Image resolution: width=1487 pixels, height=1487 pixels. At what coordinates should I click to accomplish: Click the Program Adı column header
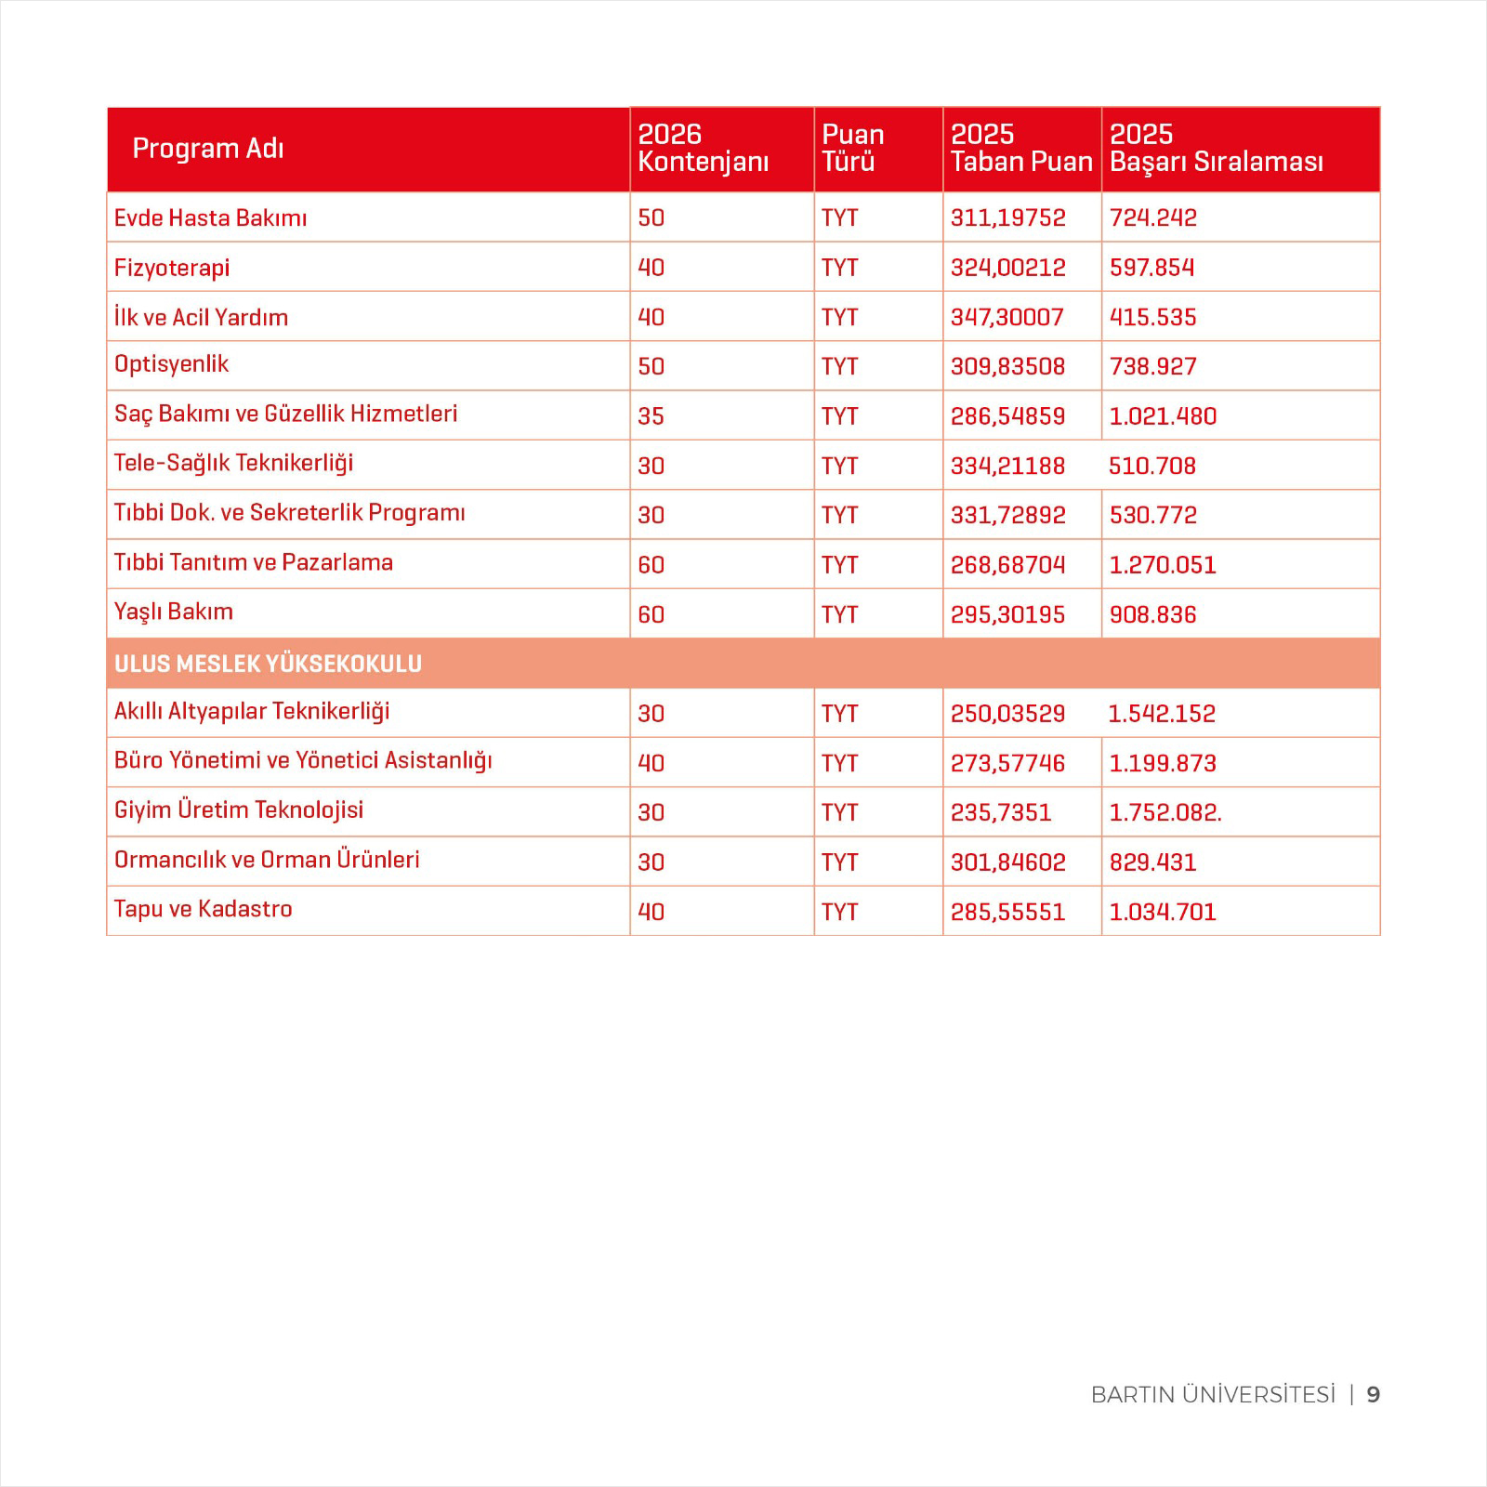pyautogui.click(x=208, y=149)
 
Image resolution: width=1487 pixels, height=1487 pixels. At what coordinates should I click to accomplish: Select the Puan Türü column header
pyautogui.click(x=852, y=149)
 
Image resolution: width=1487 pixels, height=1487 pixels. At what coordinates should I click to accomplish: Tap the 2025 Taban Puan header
pyautogui.click(x=1020, y=149)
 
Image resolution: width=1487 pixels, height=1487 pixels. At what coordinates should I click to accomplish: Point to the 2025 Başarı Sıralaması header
pyautogui.click(x=1216, y=149)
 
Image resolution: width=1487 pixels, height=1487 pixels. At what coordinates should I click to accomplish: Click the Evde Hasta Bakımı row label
pyautogui.click(x=210, y=218)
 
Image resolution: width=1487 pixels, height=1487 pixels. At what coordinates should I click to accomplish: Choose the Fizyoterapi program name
pyautogui.click(x=172, y=268)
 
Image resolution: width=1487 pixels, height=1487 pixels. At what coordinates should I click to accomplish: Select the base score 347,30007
pyautogui.click(x=1007, y=318)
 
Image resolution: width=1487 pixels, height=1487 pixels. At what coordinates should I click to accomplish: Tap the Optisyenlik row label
pyautogui.click(x=171, y=364)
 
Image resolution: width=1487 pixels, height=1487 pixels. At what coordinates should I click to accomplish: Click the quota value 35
pyautogui.click(x=651, y=416)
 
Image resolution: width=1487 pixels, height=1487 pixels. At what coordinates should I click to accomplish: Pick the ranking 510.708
pyautogui.click(x=1152, y=466)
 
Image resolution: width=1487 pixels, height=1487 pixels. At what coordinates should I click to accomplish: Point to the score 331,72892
pyautogui.click(x=1007, y=516)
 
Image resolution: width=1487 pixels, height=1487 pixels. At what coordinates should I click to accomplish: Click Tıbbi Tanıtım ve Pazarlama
pyautogui.click(x=253, y=563)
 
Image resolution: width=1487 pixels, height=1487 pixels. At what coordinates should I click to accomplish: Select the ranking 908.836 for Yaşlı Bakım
pyautogui.click(x=1152, y=614)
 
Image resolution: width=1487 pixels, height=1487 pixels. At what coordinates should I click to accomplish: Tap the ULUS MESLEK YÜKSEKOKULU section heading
pyautogui.click(x=268, y=664)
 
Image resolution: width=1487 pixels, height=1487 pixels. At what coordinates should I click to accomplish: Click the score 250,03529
pyautogui.click(x=1007, y=714)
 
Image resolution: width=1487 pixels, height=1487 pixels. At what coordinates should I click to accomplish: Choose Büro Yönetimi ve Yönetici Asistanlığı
pyautogui.click(x=303, y=761)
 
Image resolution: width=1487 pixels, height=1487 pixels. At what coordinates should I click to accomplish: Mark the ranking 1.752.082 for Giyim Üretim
pyautogui.click(x=1165, y=813)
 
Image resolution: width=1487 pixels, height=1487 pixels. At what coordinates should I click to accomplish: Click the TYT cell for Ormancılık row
pyautogui.click(x=839, y=862)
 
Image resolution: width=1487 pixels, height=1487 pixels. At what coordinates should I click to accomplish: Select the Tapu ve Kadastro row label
pyautogui.click(x=203, y=909)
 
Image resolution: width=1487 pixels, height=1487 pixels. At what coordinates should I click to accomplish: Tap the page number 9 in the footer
pyautogui.click(x=1373, y=1394)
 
